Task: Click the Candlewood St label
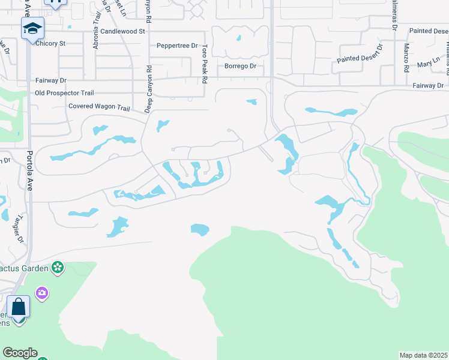tap(123, 31)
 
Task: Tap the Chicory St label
tap(50, 43)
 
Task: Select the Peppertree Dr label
tap(177, 46)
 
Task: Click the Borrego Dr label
tap(240, 66)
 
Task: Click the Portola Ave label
tap(31, 171)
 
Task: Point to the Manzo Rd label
tap(406, 58)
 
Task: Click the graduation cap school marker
tap(32, 28)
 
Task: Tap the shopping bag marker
tap(19, 307)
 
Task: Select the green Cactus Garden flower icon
tap(58, 268)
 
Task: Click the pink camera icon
tap(42, 293)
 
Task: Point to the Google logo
tap(20, 353)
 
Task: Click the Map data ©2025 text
tap(424, 355)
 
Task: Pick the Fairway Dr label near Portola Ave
tap(51, 80)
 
